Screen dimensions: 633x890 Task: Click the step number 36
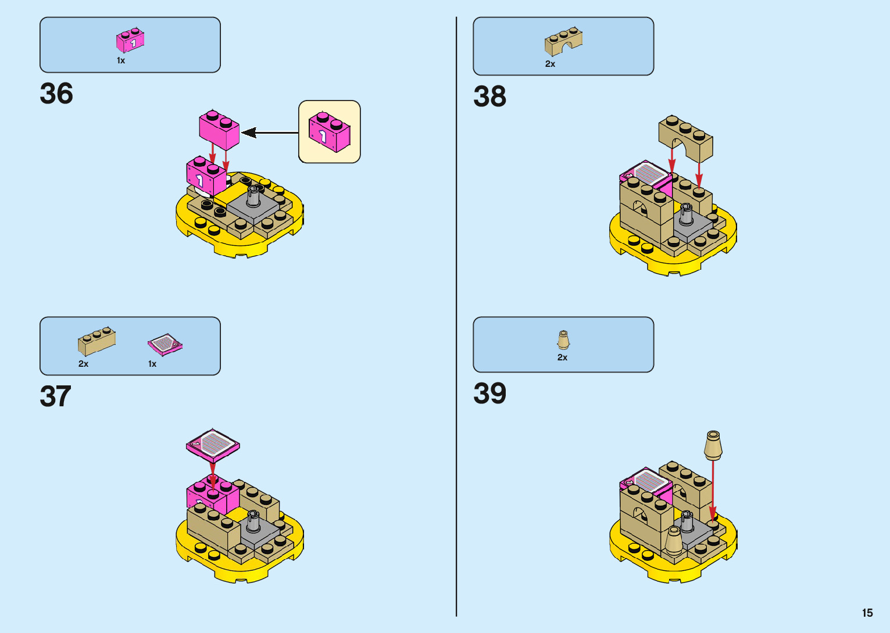click(x=56, y=94)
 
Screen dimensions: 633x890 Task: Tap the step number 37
click(x=55, y=396)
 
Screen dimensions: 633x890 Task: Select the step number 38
click(x=489, y=96)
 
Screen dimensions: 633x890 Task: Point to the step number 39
click(x=489, y=394)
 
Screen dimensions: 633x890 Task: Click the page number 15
click(x=867, y=613)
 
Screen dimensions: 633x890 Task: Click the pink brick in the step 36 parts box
click(x=130, y=41)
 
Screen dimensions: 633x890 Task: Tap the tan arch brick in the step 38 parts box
click(x=563, y=41)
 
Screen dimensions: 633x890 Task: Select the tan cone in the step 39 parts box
click(x=563, y=340)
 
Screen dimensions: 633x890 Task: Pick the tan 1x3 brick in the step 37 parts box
click(x=96, y=341)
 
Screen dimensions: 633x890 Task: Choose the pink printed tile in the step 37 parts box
click(x=165, y=344)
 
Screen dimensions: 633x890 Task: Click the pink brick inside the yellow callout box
click(x=330, y=131)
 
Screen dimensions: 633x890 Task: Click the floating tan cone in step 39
click(x=713, y=445)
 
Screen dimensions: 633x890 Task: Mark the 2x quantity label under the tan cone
click(x=562, y=357)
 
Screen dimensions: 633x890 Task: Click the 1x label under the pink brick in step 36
click(x=121, y=60)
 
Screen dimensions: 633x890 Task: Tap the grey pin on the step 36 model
click(x=253, y=196)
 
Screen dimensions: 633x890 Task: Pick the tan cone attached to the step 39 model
click(x=673, y=540)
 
